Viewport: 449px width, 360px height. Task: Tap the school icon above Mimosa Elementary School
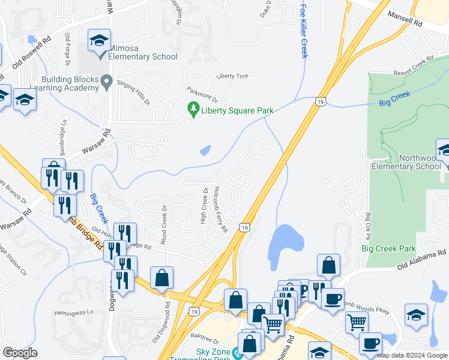pyautogui.click(x=99, y=41)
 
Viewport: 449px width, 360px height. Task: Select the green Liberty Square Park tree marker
pyautogui.click(x=193, y=109)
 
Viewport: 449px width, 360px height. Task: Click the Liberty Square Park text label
pyautogui.click(x=237, y=110)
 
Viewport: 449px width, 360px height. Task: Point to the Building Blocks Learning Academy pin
pyautogui.click(x=107, y=80)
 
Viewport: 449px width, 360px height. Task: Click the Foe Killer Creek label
pyautogui.click(x=303, y=31)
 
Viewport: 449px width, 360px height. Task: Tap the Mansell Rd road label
pyautogui.click(x=405, y=17)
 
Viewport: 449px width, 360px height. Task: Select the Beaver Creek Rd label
pyautogui.click(x=414, y=67)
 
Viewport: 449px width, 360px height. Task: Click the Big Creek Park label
pyautogui.click(x=388, y=248)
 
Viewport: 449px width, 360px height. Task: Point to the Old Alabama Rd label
pyautogui.click(x=421, y=258)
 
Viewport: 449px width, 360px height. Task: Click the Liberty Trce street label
pyautogui.click(x=232, y=76)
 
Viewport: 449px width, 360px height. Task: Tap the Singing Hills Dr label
pyautogui.click(x=133, y=93)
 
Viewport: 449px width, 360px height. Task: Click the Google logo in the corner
pyautogui.click(x=20, y=353)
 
